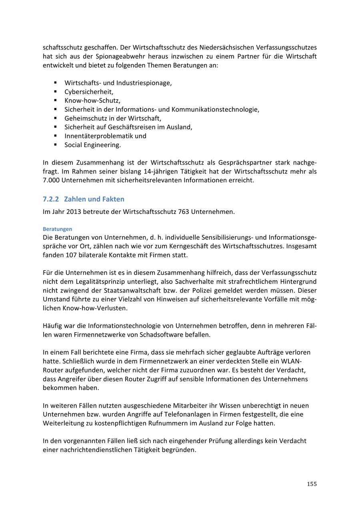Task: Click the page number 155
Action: (x=312, y=484)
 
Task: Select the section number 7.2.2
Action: (x=51, y=199)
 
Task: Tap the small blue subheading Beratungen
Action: (x=57, y=229)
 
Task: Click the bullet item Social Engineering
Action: (x=92, y=145)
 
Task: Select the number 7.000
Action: (x=52, y=180)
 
